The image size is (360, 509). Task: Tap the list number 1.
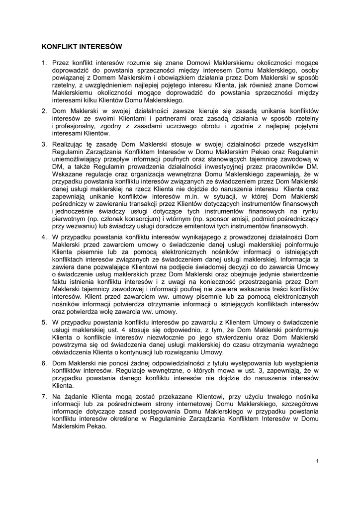click(x=43, y=63)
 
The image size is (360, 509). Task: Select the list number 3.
click(x=43, y=144)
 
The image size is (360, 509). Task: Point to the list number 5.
click(x=43, y=323)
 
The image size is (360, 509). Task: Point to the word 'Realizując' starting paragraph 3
click(x=67, y=144)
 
